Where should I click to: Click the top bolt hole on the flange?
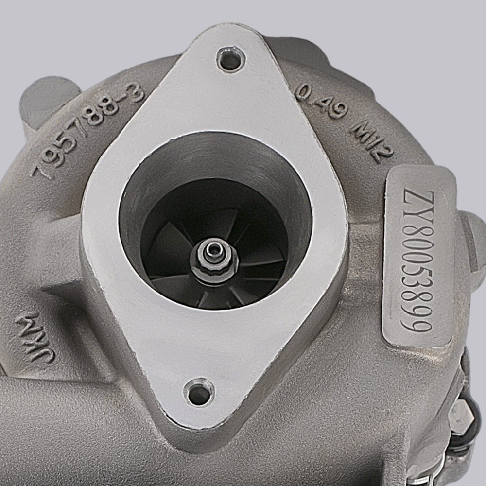tap(231, 59)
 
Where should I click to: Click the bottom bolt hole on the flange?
tap(199, 392)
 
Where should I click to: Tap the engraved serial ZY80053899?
tap(417, 260)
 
